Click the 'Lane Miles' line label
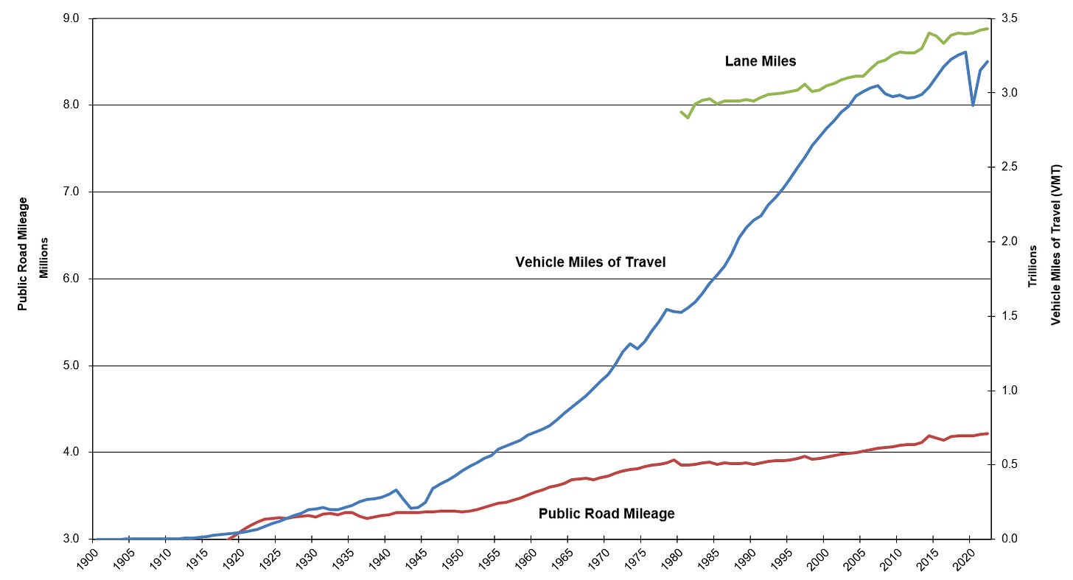click(x=761, y=62)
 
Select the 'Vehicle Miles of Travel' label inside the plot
click(x=590, y=262)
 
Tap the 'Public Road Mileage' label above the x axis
click(x=607, y=514)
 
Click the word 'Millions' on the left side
click(x=43, y=257)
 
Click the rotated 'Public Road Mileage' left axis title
click(x=23, y=254)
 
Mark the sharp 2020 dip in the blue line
click(x=973, y=105)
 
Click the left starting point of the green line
click(x=680, y=111)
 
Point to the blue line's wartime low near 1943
click(x=411, y=508)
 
